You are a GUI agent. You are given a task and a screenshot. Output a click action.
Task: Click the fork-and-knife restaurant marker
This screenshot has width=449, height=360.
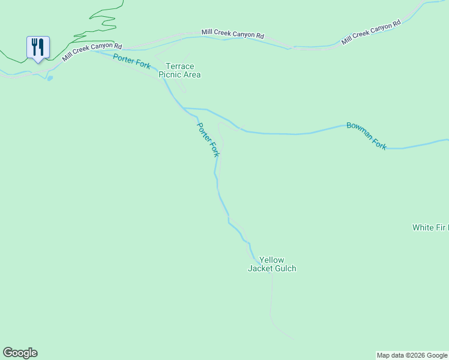click(38, 47)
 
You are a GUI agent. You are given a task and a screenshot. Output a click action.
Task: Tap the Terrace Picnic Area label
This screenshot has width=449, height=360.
click(179, 70)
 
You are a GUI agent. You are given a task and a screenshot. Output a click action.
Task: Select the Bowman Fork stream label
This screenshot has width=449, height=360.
click(366, 135)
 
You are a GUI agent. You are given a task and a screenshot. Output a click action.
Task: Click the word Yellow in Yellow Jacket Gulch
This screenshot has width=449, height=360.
click(271, 260)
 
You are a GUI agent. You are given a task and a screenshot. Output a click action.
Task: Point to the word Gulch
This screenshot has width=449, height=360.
click(284, 269)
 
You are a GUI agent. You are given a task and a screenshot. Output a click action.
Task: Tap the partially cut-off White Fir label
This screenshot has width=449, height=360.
click(430, 227)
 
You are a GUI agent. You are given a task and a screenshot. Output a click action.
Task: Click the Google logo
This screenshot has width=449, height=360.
click(20, 353)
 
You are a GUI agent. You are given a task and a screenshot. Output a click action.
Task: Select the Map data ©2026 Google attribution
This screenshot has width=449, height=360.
click(412, 355)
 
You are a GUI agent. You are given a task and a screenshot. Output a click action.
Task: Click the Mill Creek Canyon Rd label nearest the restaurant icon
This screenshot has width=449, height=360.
click(92, 52)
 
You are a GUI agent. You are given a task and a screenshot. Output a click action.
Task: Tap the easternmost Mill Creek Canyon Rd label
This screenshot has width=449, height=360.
click(370, 34)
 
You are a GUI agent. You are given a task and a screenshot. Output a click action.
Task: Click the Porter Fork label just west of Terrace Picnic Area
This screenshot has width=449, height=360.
click(131, 61)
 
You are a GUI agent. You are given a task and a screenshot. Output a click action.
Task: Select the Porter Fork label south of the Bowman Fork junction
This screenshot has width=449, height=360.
click(208, 140)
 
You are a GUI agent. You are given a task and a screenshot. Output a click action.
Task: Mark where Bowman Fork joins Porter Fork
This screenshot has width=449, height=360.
click(185, 109)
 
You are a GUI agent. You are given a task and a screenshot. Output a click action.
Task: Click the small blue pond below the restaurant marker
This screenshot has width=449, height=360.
click(49, 77)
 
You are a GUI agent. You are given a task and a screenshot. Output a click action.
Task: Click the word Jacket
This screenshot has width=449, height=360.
click(260, 269)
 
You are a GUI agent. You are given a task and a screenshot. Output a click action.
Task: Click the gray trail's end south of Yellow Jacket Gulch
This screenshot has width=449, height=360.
click(292, 339)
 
